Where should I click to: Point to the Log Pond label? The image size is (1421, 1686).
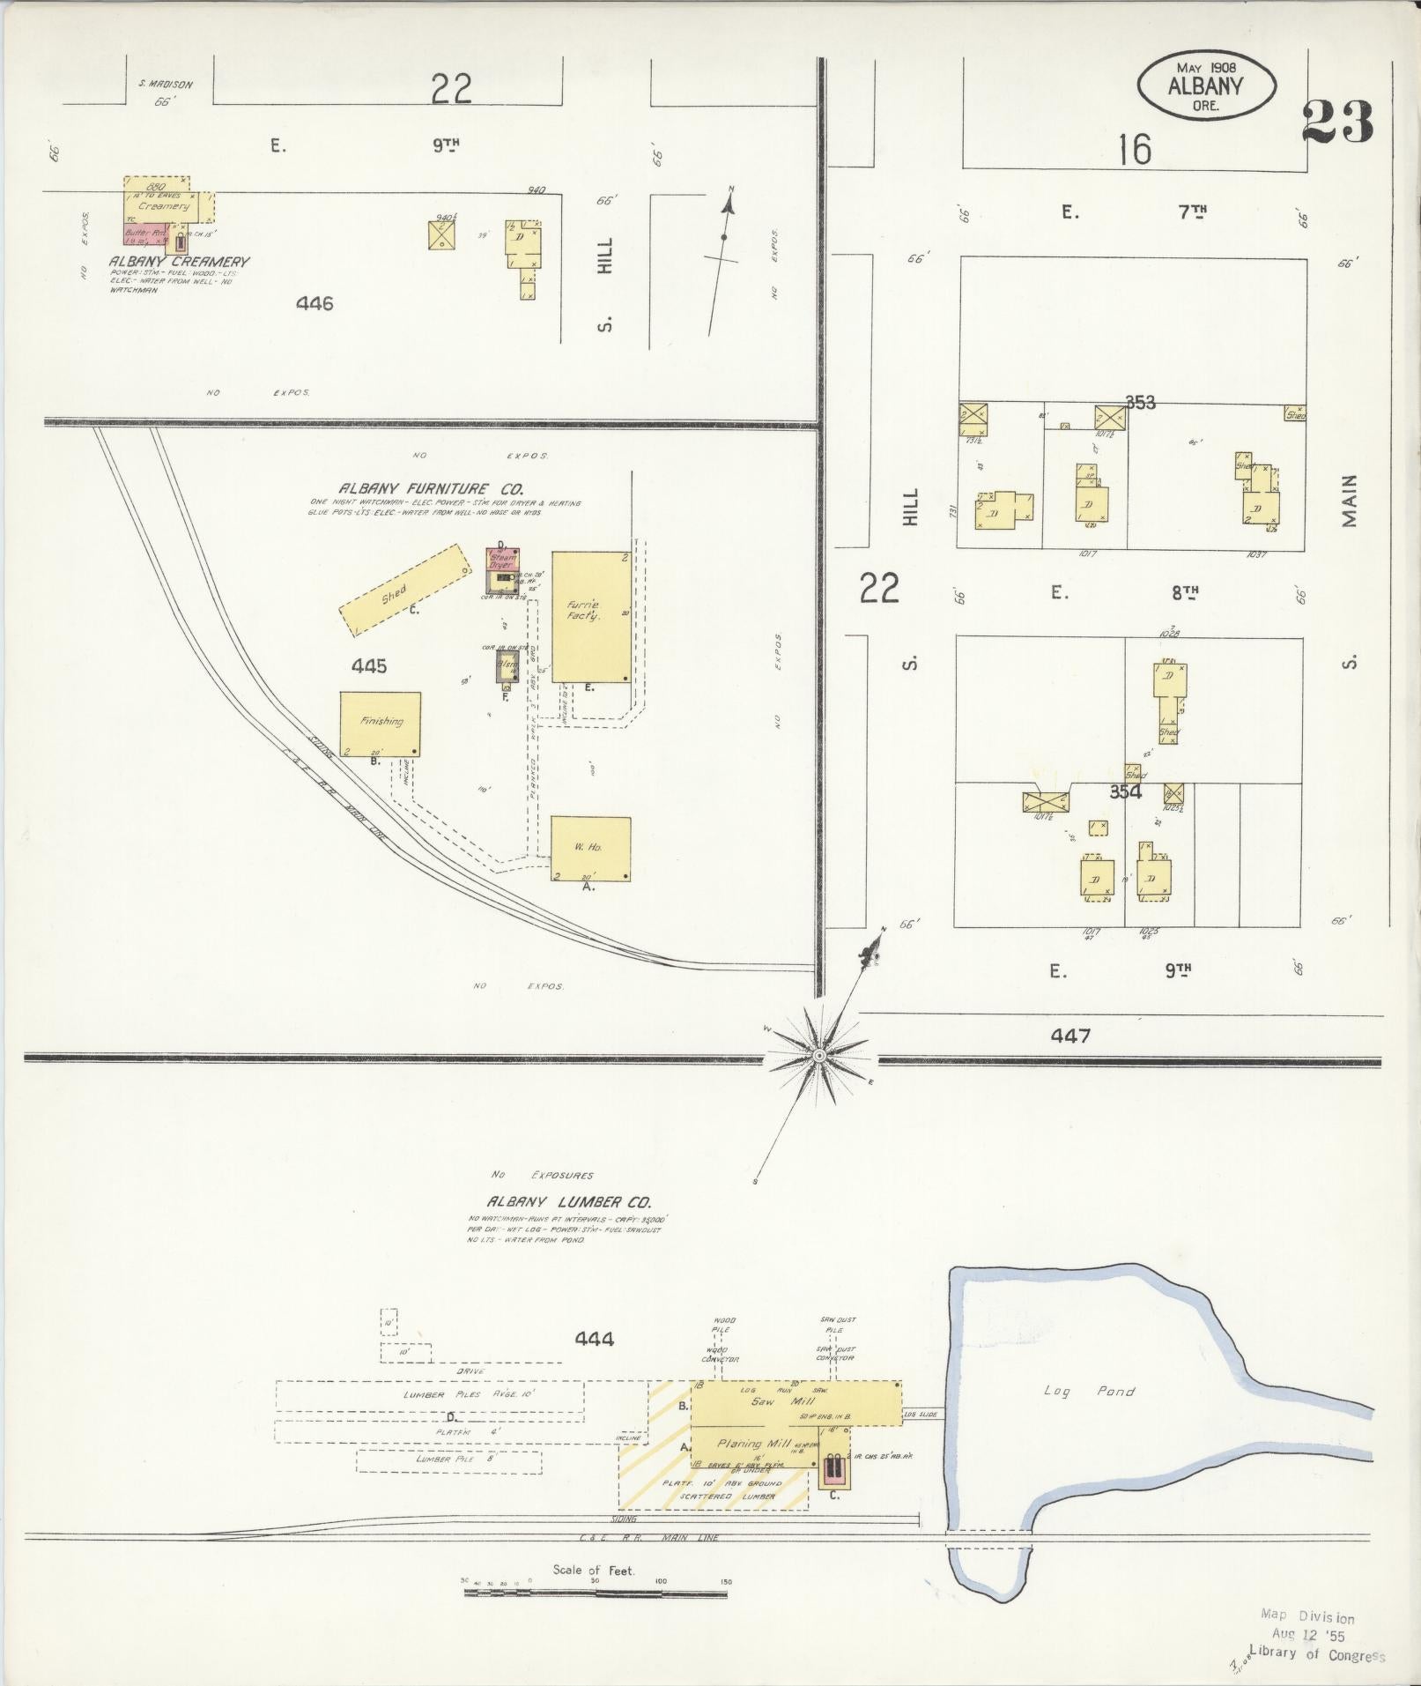click(x=1089, y=1391)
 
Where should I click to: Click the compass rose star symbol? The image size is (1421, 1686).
click(x=818, y=1055)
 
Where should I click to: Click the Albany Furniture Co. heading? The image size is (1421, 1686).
click(x=432, y=488)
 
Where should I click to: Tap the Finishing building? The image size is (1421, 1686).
click(x=381, y=724)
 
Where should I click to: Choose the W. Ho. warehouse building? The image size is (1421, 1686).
click(x=590, y=848)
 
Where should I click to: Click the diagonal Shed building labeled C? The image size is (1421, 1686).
click(x=405, y=590)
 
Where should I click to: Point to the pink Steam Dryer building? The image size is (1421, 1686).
click(x=503, y=559)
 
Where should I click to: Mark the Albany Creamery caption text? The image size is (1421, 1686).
click(x=179, y=262)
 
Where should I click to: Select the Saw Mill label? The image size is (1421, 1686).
click(x=764, y=1401)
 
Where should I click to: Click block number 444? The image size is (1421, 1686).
click(x=594, y=1340)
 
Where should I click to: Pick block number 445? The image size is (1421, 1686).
click(x=368, y=666)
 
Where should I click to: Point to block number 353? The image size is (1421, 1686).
click(x=1139, y=403)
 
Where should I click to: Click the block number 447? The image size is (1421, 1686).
click(x=1069, y=1036)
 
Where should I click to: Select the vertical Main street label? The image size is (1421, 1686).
click(x=1350, y=501)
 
